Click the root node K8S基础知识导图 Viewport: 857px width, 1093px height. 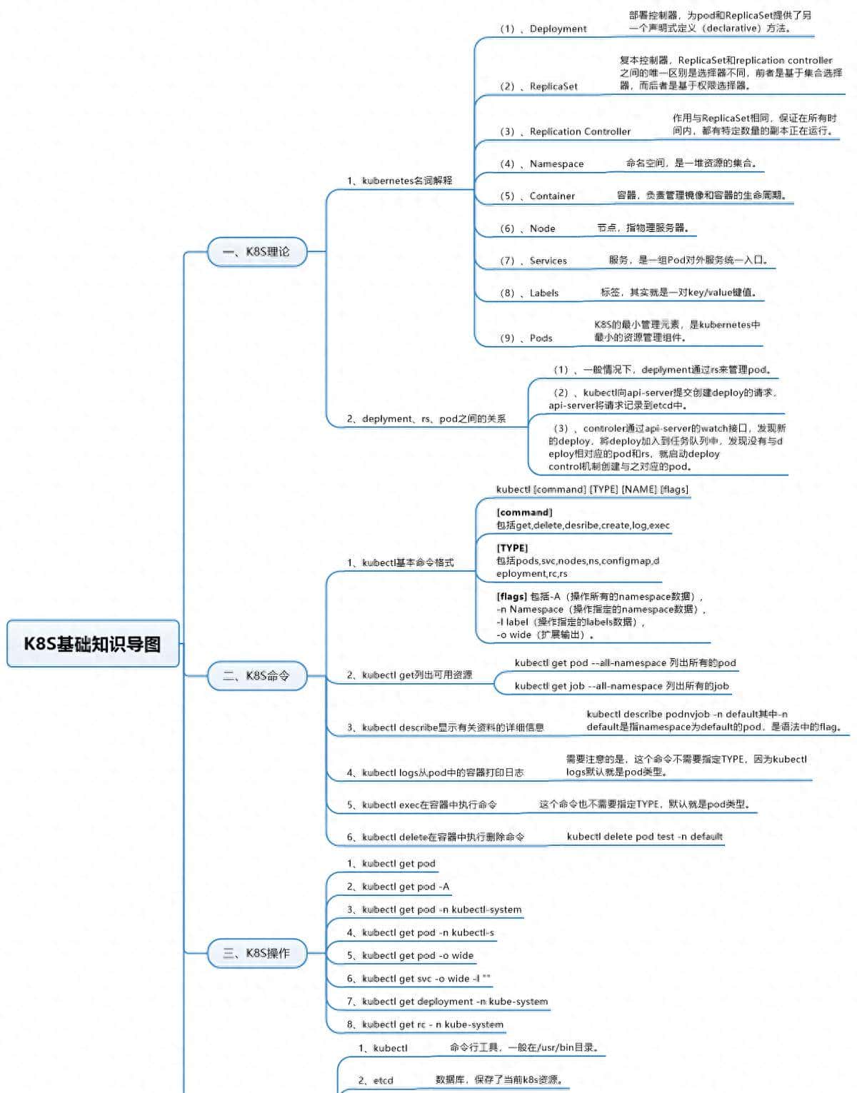93,644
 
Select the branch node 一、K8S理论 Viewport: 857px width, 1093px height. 257,252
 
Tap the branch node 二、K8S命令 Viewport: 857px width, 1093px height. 257,675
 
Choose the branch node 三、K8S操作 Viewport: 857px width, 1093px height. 257,953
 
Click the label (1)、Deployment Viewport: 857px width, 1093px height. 543,29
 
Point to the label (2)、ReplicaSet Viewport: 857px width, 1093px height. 538,86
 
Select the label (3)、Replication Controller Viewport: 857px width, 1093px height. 565,131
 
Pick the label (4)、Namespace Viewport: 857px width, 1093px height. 541,163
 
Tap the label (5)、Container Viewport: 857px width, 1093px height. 537,196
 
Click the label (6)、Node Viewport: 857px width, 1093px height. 527,228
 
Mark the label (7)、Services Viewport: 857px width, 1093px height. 533,261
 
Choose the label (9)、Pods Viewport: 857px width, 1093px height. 526,338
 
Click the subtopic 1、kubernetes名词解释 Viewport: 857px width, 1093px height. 400,181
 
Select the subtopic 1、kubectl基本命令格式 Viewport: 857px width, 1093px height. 401,563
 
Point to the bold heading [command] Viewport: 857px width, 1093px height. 524,513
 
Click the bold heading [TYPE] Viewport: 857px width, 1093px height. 512,548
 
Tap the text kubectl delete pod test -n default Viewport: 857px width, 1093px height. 644,836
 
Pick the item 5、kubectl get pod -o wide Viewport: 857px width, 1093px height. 411,955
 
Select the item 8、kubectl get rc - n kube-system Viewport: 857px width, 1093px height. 426,1024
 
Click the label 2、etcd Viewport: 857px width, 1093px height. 376,1080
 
